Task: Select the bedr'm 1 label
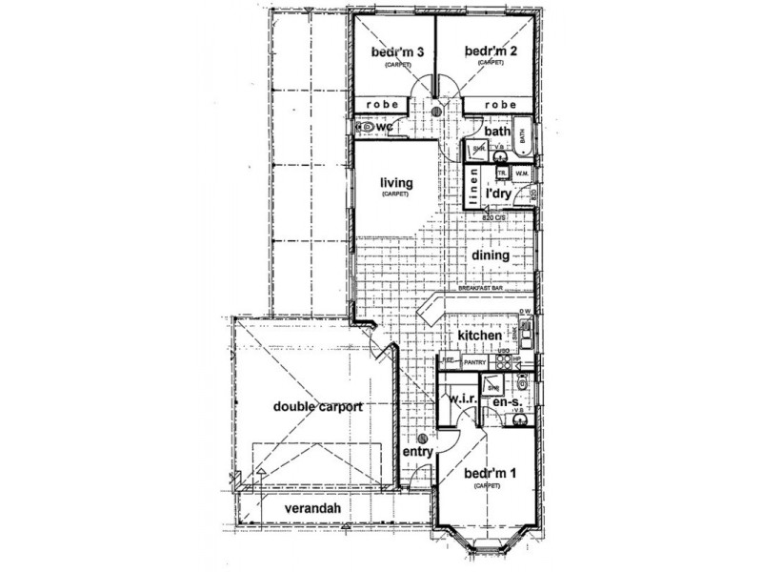pos(488,474)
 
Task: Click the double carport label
pos(316,407)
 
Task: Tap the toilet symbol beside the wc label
pos(364,126)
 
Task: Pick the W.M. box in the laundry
pos(522,174)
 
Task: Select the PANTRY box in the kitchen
pos(474,362)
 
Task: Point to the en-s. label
pos(503,404)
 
